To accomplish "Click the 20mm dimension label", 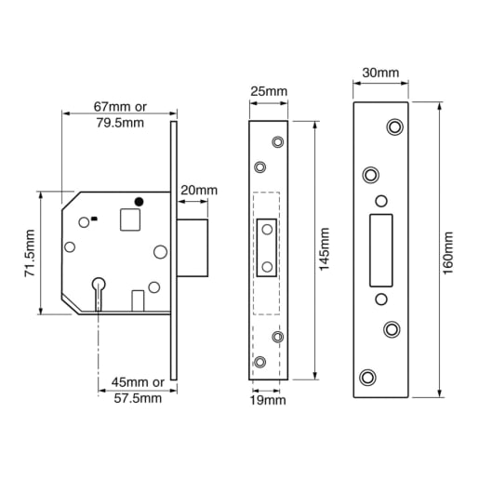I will pos(198,190).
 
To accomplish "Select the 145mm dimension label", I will pos(324,249).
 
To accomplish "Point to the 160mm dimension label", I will pos(446,251).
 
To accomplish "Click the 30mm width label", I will pos(380,72).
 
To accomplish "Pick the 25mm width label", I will pos(269,90).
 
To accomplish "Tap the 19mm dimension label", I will pos(269,400).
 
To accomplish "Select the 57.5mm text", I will pos(137,398).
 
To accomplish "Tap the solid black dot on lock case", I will pos(140,201).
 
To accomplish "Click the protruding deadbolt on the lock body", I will pos(192,247).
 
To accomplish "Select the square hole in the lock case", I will pos(131,220).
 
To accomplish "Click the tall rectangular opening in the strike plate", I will pos(380,250).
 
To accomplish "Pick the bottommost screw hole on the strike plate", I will pos(368,377).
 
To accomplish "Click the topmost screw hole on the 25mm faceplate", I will pos(276,141).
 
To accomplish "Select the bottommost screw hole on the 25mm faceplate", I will pos(260,361).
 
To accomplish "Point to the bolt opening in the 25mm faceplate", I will pos(268,249).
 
